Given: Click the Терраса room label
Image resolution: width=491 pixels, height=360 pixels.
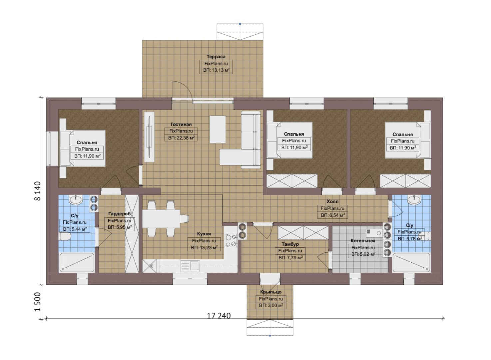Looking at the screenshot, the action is (216, 57).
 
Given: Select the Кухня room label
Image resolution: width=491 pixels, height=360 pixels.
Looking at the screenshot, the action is (204, 234).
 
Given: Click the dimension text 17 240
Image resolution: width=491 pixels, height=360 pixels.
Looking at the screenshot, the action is (219, 316).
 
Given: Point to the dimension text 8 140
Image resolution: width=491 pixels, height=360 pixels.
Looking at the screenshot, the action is (38, 191).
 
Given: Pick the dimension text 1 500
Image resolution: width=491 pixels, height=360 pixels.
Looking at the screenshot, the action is (38, 302).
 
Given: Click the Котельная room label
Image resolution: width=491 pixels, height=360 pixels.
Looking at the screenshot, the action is (363, 241).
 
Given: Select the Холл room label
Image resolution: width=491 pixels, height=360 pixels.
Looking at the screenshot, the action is (332, 201).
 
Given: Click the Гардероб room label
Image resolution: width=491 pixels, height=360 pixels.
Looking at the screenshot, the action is (120, 214).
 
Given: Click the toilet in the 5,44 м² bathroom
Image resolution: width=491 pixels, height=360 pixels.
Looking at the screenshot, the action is (65, 236).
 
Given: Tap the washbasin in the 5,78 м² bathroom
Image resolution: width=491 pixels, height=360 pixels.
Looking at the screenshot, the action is (414, 200).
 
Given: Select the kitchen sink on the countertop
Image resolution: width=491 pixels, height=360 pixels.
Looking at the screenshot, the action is (190, 266).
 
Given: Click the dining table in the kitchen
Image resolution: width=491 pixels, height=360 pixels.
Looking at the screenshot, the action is (161, 219).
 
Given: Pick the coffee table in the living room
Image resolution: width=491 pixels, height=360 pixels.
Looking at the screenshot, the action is (218, 129).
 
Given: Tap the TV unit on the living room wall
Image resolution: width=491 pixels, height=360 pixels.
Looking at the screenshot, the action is (149, 137).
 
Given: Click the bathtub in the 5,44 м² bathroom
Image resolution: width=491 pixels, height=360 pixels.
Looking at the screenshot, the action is (77, 262).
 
